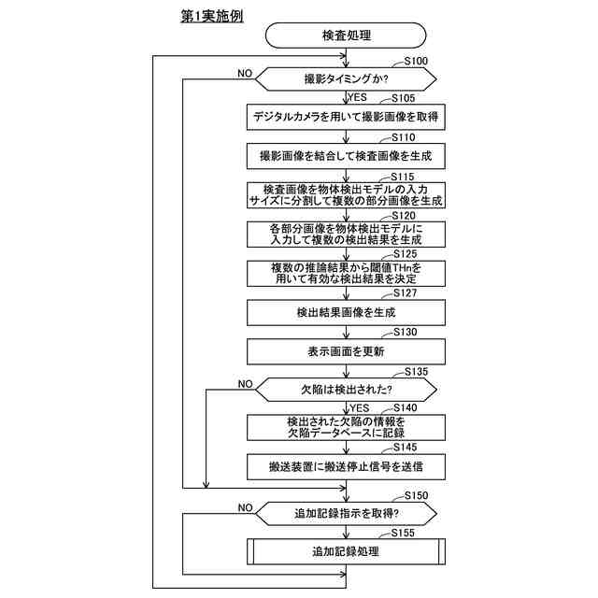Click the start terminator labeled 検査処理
click(346, 36)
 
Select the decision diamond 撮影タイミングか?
click(346, 78)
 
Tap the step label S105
click(404, 96)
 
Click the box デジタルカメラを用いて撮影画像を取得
click(346, 117)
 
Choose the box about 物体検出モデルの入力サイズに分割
click(346, 194)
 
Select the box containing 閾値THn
click(346, 272)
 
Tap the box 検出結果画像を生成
click(346, 311)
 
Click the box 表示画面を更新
click(346, 350)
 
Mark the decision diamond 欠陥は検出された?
click(346, 389)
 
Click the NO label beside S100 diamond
click(245, 72)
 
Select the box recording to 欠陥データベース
click(346, 428)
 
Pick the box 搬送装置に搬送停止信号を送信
click(346, 466)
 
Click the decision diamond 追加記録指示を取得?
click(346, 512)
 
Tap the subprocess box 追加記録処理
click(346, 551)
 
